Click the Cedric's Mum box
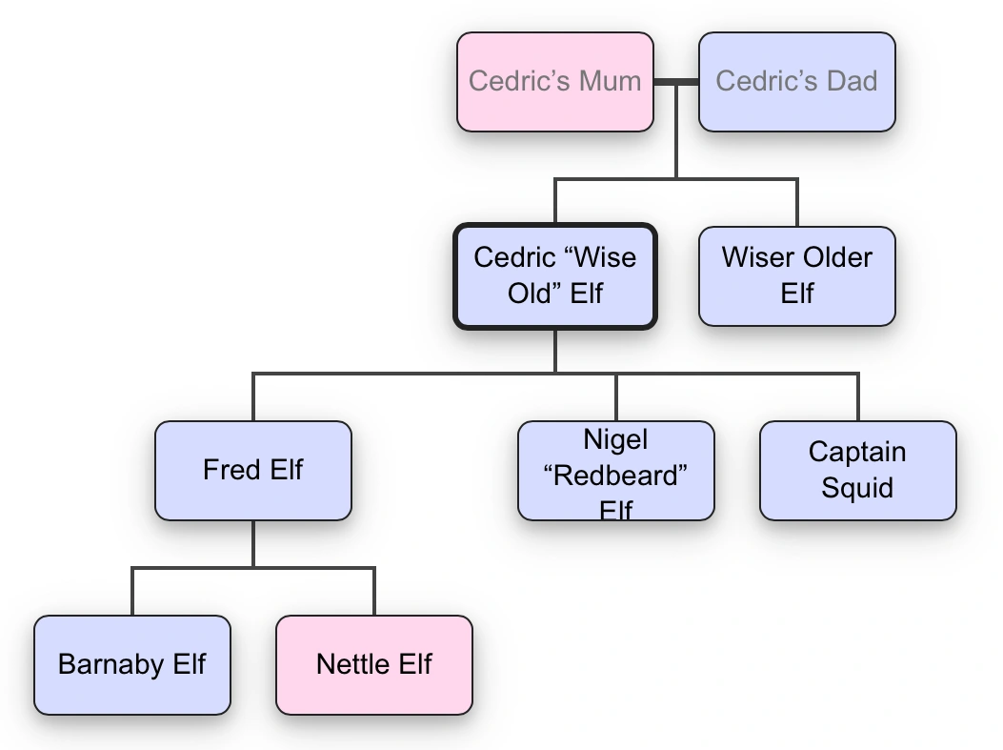[x=554, y=82]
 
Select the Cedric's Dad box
[x=796, y=82]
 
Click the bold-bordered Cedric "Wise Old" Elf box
[x=554, y=276]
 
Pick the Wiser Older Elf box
[x=796, y=276]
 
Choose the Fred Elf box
[x=252, y=471]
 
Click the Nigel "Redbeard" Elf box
[x=615, y=471]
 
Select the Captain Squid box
[x=857, y=471]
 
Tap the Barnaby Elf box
[x=131, y=665]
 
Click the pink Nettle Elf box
[x=373, y=665]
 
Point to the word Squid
[x=857, y=488]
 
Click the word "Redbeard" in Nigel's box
[x=616, y=476]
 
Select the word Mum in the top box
[x=610, y=81]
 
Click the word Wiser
[x=758, y=257]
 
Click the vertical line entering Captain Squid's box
[x=857, y=397]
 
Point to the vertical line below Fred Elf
[x=252, y=543]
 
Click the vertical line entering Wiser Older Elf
[x=796, y=202]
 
